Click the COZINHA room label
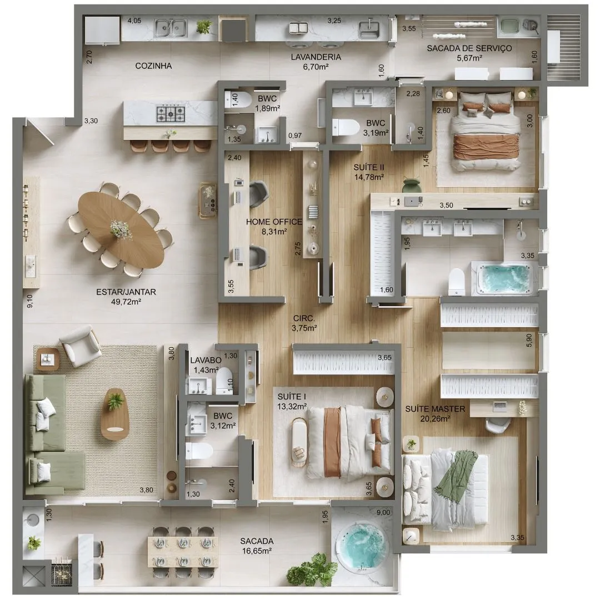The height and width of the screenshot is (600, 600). tap(153, 66)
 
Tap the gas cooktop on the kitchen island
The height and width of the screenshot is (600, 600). tap(171, 113)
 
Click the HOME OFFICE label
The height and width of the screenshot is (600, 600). tap(274, 222)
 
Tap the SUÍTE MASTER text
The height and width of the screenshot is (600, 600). tap(435, 409)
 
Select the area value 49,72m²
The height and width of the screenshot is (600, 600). tap(126, 302)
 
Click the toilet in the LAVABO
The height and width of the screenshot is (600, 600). tap(224, 381)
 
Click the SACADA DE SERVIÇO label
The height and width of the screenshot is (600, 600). tap(469, 48)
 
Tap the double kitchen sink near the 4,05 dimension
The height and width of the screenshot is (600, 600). tap(171, 28)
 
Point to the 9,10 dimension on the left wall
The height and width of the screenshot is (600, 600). tap(30, 301)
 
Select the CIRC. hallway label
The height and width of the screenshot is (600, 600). tap(304, 318)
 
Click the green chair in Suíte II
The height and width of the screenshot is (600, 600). tap(412, 186)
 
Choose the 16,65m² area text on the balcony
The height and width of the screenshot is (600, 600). tap(257, 551)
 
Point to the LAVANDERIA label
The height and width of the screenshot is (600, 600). tap(316, 57)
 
